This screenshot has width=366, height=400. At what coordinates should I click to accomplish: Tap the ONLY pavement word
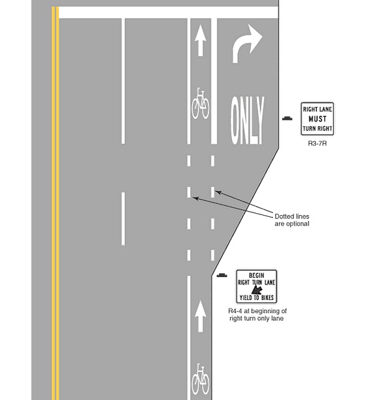[247, 120]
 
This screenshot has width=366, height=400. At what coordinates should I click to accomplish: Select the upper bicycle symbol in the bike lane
[201, 103]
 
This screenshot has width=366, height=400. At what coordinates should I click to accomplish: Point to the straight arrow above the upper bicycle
[201, 41]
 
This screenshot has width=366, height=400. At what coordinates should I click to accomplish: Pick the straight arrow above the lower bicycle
[201, 316]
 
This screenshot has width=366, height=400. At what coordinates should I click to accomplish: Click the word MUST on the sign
[318, 119]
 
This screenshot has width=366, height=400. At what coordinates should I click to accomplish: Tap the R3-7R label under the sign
[317, 143]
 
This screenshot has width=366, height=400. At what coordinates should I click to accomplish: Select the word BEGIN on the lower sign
[257, 276]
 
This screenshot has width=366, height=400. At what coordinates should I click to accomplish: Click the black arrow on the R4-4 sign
[257, 290]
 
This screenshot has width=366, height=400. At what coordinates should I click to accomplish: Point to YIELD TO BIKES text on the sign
[257, 297]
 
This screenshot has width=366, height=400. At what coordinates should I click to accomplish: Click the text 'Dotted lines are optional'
[292, 220]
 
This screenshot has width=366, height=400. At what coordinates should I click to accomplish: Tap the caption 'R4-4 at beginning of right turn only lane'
[257, 314]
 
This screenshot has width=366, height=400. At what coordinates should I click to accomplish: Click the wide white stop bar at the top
[169, 12]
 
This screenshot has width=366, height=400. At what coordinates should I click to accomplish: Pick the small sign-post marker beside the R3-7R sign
[288, 118]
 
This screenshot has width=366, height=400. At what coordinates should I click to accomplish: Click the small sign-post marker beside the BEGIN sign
[222, 275]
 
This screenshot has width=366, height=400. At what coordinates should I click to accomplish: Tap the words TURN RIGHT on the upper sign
[318, 129]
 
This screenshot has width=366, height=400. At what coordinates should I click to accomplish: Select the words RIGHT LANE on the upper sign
[318, 109]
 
